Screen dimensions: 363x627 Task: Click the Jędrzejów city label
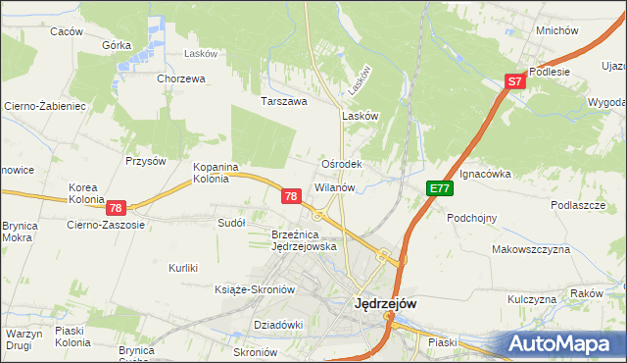click(x=384, y=304)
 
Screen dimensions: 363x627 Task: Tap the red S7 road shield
click(x=516, y=83)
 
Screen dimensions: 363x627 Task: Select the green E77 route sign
click(x=438, y=189)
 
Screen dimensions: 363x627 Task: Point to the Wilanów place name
click(x=340, y=186)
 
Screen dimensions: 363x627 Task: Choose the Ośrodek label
click(x=342, y=164)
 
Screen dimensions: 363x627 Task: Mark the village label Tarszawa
click(x=284, y=101)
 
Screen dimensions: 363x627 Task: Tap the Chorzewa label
click(x=180, y=78)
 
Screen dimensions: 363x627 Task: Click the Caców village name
click(x=67, y=31)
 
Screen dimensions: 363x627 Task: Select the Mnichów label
click(x=555, y=30)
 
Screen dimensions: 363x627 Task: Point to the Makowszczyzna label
click(x=531, y=249)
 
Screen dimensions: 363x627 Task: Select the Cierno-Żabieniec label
click(x=46, y=105)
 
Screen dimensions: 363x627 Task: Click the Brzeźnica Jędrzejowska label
click(x=304, y=240)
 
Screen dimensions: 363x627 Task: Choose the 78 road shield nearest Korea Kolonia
click(x=116, y=208)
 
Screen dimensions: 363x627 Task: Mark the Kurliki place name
click(x=183, y=268)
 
